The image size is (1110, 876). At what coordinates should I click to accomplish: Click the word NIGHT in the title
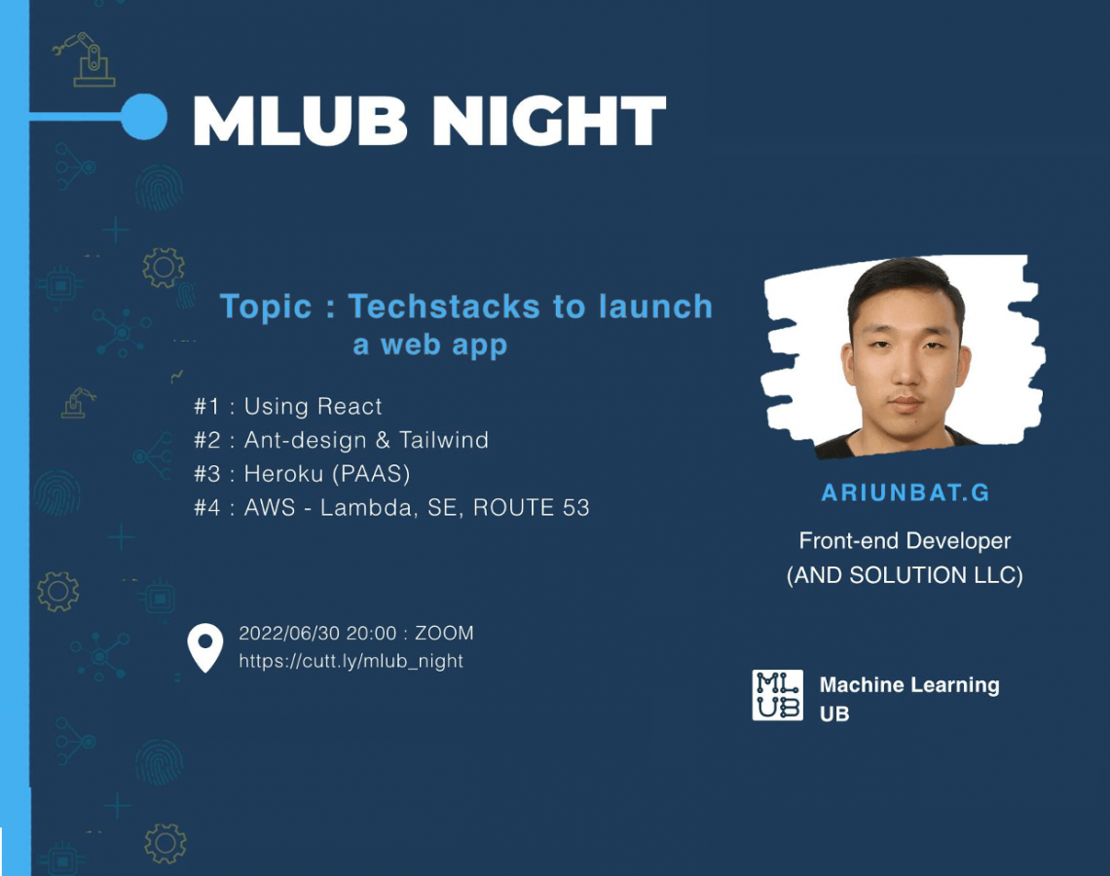[x=548, y=121]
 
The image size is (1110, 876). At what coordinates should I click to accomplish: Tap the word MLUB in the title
[x=300, y=121]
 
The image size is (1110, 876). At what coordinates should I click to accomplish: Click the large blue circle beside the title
[x=144, y=117]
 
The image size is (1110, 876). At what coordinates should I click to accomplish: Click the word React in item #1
[x=349, y=406]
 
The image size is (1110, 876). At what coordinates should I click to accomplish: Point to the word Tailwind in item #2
[x=444, y=440]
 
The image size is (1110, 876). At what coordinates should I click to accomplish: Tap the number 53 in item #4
[x=576, y=507]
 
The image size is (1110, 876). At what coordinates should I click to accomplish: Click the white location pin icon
[x=205, y=646]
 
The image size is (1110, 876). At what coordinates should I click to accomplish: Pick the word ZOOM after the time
[x=444, y=633]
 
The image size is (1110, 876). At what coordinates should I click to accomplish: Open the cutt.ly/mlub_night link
[x=351, y=661]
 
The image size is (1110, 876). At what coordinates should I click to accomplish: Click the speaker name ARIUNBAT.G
[x=905, y=493]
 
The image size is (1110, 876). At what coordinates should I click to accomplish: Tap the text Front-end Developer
[x=905, y=540]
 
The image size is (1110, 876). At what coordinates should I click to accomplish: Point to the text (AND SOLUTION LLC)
[x=905, y=575]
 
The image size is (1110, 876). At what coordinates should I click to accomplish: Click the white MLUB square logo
[x=777, y=695]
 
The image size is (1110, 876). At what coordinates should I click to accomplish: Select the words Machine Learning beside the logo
[x=909, y=685]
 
